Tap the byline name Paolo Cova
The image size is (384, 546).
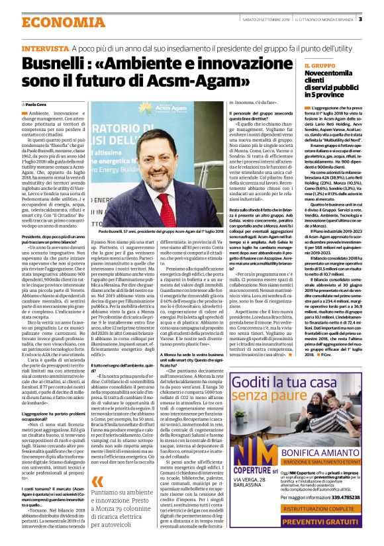[x=36, y=105]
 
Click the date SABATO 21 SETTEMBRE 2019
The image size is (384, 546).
[x=255, y=19]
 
